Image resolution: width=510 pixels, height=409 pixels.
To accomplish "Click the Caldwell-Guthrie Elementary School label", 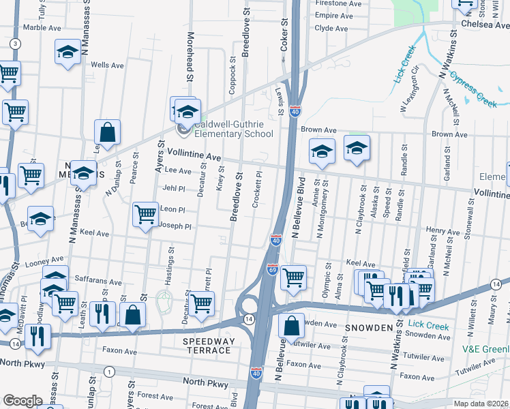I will (x=233, y=129).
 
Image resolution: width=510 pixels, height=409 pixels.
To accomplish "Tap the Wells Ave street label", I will (x=107, y=65).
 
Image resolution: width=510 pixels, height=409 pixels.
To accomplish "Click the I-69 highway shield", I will (x=272, y=270).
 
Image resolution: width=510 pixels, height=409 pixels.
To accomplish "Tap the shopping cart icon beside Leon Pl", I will (x=145, y=215).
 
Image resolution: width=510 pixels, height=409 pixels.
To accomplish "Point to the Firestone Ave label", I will (x=337, y=3).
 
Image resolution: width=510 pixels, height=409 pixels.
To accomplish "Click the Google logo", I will (x=22, y=401).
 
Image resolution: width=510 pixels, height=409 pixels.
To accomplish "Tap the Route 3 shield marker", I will (x=14, y=43).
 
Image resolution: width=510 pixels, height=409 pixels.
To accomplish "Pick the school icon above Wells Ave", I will (x=68, y=52).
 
